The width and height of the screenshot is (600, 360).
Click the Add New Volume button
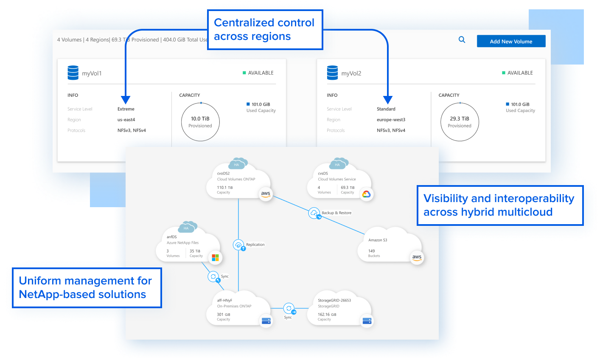511,41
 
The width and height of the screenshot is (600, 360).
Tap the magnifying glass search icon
462,39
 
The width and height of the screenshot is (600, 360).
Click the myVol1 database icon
73,73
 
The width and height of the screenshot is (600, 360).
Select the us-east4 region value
126,120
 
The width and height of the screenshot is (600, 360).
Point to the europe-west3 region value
391,120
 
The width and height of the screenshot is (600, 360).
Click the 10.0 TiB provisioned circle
200,122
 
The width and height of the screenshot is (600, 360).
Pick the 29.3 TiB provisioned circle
460,122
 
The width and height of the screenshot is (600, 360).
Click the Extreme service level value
126,109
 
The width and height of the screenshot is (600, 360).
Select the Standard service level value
386,109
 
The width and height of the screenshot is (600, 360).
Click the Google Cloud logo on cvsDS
366,194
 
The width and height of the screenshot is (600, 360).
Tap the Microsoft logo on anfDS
215,258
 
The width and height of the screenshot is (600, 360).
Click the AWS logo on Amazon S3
417,257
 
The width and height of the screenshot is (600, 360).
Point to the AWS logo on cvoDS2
266,194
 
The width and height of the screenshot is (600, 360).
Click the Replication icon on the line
239,245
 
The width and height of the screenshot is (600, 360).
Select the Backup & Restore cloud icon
314,213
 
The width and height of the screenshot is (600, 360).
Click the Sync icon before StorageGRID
289,308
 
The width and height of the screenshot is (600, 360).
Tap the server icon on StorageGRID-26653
367,321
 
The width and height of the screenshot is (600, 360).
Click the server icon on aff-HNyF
266,321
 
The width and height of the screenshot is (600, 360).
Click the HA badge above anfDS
186,228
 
